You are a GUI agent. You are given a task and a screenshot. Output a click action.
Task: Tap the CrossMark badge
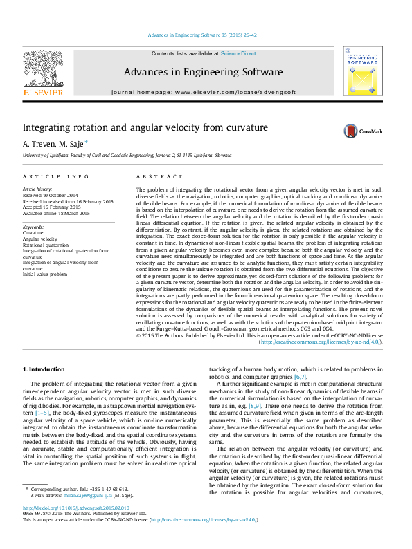pos(356,131)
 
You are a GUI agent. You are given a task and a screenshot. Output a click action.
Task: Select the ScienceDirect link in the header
pos(238,53)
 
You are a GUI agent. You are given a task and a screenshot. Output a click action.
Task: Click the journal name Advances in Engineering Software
pos(203,72)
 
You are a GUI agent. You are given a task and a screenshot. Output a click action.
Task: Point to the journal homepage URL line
pos(203,91)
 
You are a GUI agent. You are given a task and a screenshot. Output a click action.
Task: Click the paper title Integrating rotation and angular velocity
pos(145,128)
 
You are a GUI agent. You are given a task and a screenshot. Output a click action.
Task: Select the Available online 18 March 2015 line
pos(56,214)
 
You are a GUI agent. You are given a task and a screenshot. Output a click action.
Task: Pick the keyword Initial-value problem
pos(46,274)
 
